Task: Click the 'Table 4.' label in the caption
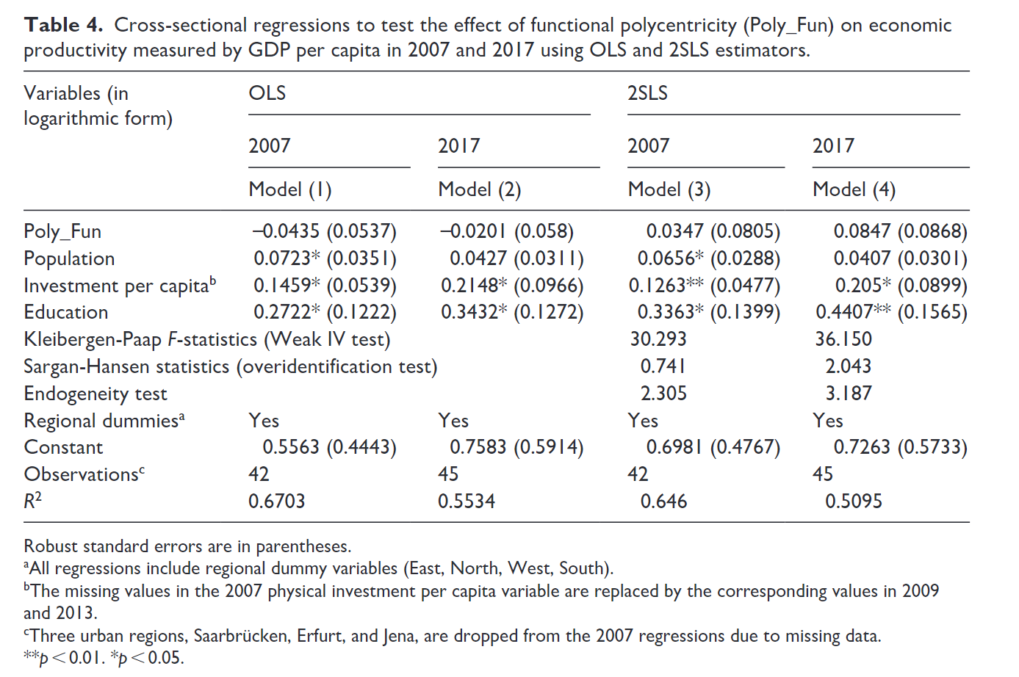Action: (63, 25)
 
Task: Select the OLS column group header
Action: (267, 93)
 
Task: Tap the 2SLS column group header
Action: (647, 93)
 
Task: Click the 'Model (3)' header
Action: (669, 189)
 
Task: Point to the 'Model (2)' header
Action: (480, 189)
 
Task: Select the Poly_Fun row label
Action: (62, 231)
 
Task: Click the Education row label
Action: (66, 312)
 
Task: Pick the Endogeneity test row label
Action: (96, 394)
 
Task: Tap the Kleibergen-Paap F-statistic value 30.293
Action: (658, 339)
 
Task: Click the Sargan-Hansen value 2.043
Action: (849, 366)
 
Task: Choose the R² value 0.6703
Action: (276, 502)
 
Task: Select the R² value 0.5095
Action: (854, 502)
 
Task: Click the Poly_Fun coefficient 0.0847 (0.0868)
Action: (900, 231)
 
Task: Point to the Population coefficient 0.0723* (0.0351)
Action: (325, 258)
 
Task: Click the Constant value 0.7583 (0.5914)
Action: (516, 447)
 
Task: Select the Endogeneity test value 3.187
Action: (849, 394)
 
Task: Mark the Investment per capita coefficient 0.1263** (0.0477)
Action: (705, 286)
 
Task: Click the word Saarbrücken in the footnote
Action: (242, 636)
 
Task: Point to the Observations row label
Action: (84, 474)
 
